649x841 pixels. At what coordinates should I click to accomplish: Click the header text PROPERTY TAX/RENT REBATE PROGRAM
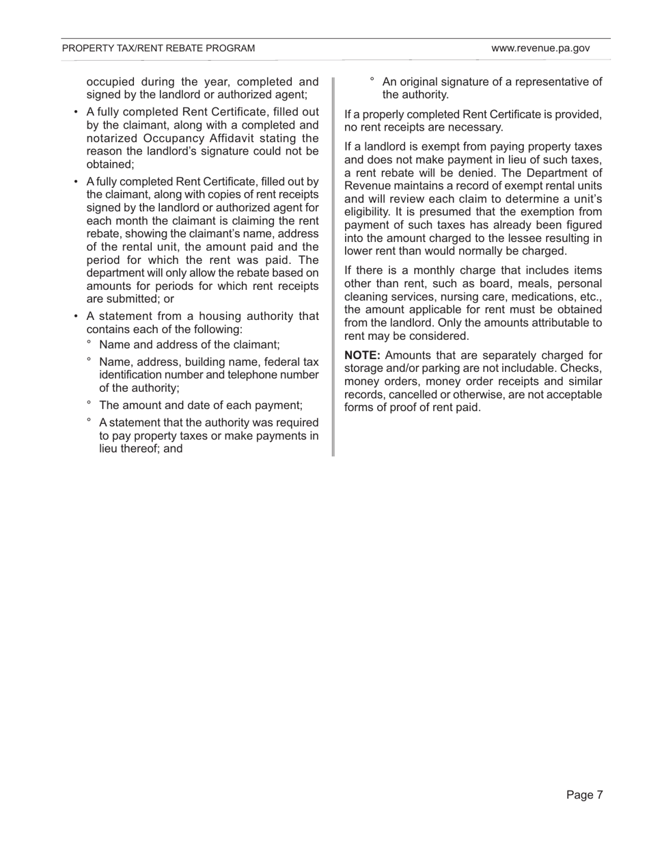[x=158, y=49]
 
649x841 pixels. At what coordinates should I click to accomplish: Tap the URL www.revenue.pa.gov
[x=540, y=49]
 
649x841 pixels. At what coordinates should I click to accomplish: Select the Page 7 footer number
[x=584, y=795]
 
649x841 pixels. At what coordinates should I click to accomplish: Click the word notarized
[x=111, y=138]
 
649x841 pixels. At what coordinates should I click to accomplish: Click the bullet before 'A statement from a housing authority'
[x=77, y=317]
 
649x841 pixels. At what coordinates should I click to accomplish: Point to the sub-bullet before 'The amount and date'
[x=89, y=403]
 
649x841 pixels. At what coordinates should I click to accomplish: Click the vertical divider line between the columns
[x=333, y=267]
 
